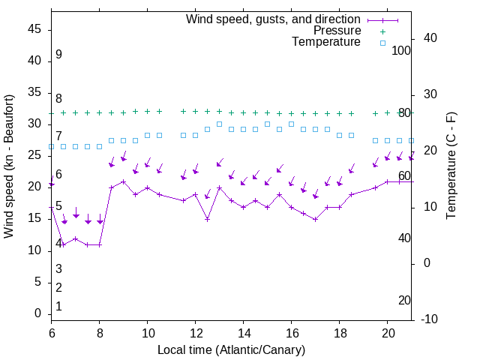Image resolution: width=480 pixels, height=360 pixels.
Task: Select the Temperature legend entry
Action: (326, 42)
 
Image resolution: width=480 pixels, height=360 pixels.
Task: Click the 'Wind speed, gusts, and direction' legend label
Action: (273, 19)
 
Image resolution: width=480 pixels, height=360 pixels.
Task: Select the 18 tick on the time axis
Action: (340, 331)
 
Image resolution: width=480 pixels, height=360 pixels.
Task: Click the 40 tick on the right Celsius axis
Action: (430, 38)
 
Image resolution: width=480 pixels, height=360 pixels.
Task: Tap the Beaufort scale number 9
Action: (58, 55)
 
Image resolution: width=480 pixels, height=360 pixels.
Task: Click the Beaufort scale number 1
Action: (58, 306)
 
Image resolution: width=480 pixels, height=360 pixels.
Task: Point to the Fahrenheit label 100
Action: (402, 50)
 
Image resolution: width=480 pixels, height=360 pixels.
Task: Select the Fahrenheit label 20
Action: (405, 300)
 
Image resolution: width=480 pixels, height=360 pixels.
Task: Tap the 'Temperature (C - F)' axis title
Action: (451, 166)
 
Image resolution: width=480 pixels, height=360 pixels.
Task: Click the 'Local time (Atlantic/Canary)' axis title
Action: (232, 349)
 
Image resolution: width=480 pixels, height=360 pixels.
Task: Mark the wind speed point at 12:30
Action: (208, 219)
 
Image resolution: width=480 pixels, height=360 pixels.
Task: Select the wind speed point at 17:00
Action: (316, 219)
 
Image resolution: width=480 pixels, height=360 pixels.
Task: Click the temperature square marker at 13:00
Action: (220, 124)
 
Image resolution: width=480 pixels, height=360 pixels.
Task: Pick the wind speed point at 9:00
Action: (124, 181)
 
